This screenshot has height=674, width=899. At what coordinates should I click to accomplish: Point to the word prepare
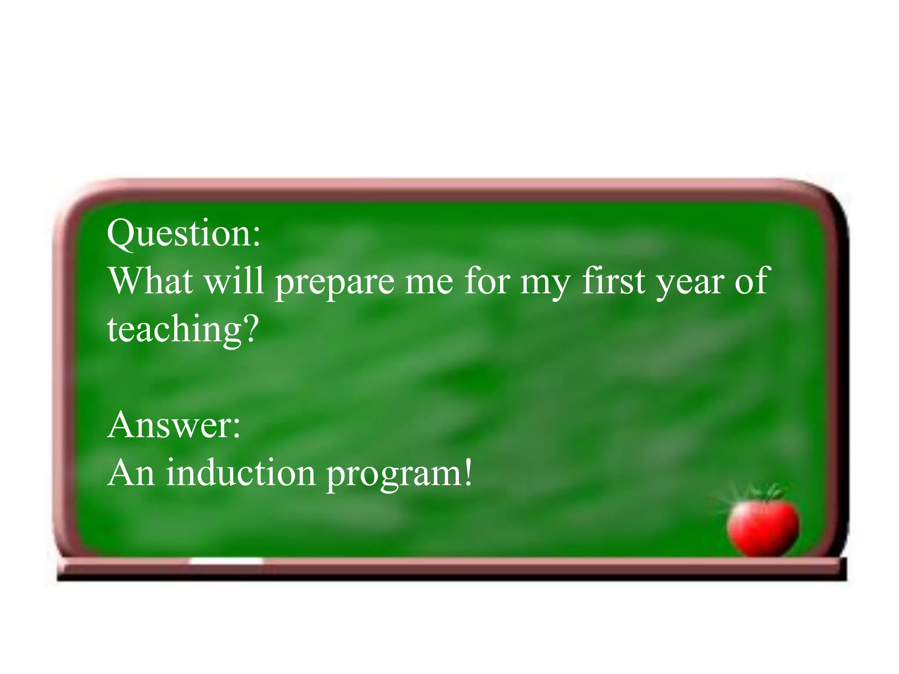pyautogui.click(x=335, y=283)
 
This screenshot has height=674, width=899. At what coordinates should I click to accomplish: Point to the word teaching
pyautogui.click(x=173, y=330)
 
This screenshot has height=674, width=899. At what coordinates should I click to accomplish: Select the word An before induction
pyautogui.click(x=131, y=473)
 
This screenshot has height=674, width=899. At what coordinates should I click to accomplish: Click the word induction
pyautogui.click(x=241, y=473)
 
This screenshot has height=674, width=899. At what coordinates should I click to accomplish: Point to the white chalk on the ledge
pyautogui.click(x=226, y=561)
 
